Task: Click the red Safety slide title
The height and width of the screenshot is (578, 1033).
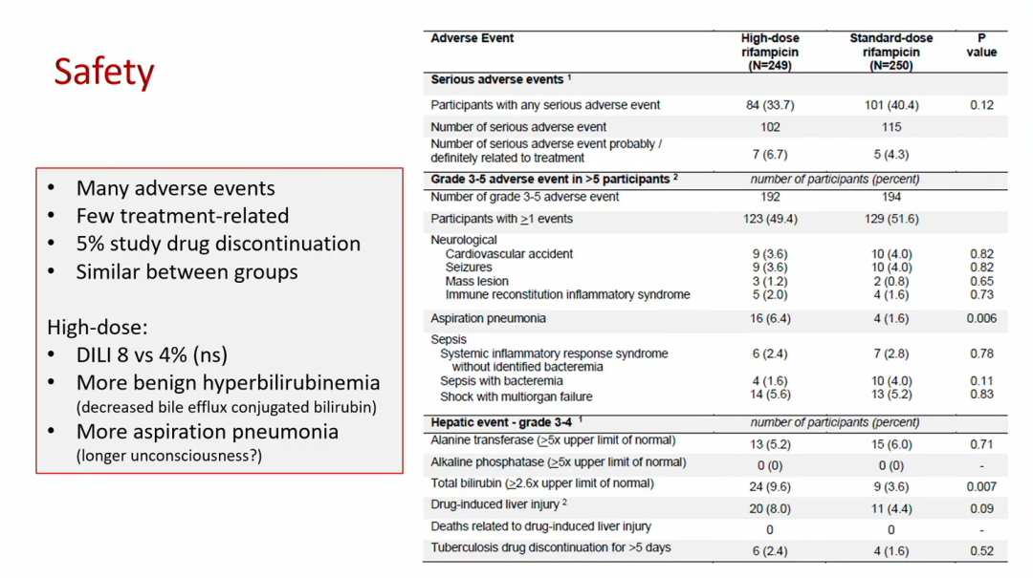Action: tap(103, 73)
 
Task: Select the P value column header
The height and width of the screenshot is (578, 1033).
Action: tap(981, 46)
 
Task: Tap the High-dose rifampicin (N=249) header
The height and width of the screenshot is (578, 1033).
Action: tap(769, 53)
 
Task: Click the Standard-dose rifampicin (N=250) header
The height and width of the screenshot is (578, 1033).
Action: tap(890, 53)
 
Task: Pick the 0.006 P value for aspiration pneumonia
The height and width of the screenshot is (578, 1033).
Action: tap(981, 318)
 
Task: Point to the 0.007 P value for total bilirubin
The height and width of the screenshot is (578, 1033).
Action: tap(981, 486)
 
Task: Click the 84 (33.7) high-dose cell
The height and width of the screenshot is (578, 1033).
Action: tap(770, 105)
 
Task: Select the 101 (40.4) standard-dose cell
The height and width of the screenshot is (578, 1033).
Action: tap(890, 105)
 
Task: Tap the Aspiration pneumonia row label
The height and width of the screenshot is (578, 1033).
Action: tap(488, 318)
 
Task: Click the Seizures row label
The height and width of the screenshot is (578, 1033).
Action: tap(469, 268)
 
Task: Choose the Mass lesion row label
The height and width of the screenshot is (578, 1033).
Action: tap(476, 282)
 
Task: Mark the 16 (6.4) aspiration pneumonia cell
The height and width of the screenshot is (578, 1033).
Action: tap(770, 318)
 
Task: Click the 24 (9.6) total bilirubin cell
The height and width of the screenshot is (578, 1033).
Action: tap(770, 486)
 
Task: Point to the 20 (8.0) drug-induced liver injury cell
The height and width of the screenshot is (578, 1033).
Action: tap(770, 509)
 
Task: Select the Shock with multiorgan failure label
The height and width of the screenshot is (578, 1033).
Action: tap(516, 396)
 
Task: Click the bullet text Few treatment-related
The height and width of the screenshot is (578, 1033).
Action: tap(182, 216)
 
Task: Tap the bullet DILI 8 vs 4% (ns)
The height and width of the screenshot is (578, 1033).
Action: tap(151, 355)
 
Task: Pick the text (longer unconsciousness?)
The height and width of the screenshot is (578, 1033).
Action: tap(168, 455)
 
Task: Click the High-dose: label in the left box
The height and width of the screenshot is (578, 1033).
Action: tap(92, 328)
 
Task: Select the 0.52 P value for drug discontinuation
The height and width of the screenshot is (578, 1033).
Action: tap(981, 551)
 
